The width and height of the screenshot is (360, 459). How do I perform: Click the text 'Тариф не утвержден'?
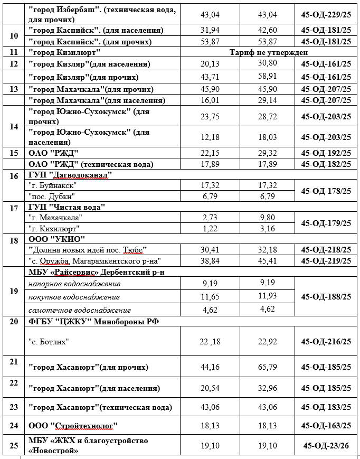[269, 52]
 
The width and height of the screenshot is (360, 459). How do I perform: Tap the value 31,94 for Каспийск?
[210, 30]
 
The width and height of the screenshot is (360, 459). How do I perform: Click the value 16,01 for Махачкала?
[210, 100]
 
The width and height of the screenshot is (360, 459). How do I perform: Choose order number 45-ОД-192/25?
[326, 153]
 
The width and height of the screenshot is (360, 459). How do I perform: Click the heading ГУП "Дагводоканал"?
[70, 175]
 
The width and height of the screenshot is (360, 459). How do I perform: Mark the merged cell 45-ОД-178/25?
[326, 191]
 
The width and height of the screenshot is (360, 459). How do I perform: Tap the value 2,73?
[210, 217]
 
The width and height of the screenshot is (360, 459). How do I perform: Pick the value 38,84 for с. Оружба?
[210, 261]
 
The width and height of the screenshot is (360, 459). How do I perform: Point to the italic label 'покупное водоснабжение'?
[74, 297]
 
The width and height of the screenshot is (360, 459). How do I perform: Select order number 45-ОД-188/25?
[326, 297]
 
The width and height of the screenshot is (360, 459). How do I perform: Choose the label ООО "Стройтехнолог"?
[73, 426]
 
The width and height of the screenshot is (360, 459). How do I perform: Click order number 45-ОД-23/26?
[326, 446]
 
